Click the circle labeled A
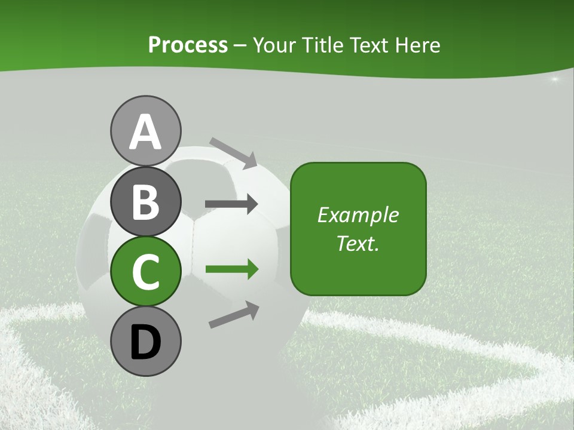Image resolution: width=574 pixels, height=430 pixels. pos(145,131)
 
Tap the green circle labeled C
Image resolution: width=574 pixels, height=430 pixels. pos(145,271)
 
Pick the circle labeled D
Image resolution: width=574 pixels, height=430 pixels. pos(145,341)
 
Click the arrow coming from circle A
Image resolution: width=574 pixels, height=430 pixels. pos(233,153)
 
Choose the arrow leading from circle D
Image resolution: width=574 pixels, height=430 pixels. pos(234,314)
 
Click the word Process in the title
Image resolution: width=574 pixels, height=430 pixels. pos(188,45)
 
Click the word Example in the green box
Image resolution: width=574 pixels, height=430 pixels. pos(358,215)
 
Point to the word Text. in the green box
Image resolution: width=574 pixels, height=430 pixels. pos(358,243)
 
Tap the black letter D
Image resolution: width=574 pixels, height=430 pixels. pos(145,342)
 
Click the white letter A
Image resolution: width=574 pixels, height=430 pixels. pos(145,132)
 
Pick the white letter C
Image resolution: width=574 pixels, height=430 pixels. pos(145,272)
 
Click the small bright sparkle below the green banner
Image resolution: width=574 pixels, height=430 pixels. pos(555,79)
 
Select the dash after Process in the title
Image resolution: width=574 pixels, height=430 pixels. pos(240,45)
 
